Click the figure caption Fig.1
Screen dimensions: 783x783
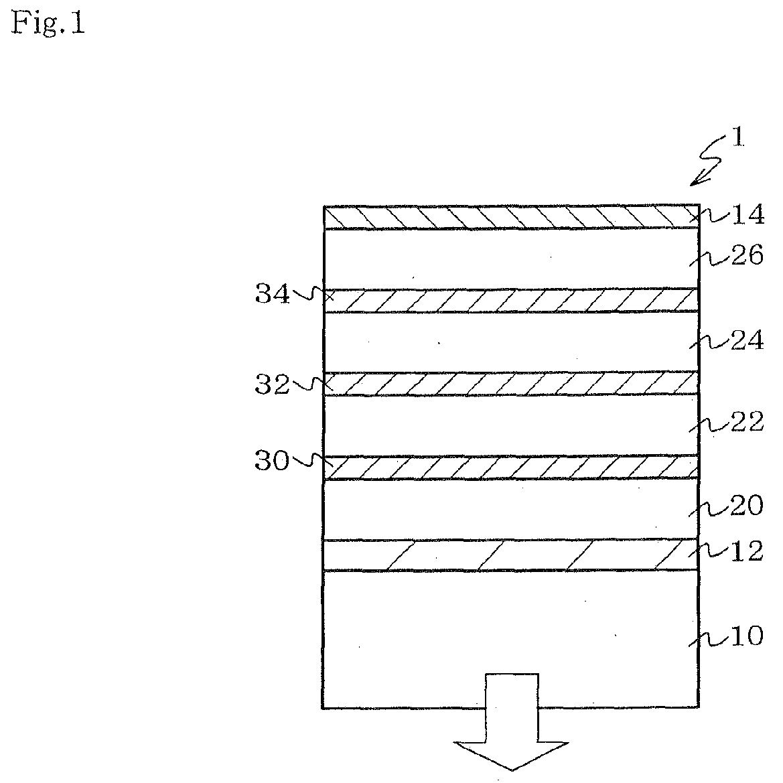48,25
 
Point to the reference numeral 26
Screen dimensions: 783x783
747,256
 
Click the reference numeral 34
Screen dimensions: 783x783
271,295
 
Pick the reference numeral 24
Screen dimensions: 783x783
747,342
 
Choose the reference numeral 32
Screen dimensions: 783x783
271,384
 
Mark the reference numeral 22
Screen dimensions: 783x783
747,423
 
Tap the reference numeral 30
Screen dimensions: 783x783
271,462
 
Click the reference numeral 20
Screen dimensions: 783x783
747,507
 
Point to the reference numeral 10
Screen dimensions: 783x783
747,636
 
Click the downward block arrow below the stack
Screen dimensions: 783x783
512,723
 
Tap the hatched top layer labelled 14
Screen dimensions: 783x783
510,218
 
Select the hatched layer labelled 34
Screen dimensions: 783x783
510,301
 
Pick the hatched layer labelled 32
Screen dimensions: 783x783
510,384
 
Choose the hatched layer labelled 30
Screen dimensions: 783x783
510,468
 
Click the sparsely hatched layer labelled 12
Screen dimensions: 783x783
510,555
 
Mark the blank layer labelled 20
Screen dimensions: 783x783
510,510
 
